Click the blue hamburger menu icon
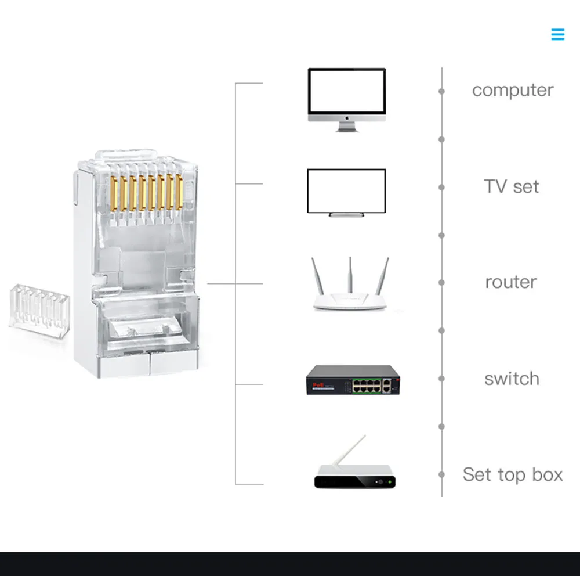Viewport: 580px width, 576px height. [x=557, y=35]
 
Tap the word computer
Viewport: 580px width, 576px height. [x=512, y=91]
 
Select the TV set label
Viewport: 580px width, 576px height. [x=511, y=187]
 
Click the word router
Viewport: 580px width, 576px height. [x=511, y=283]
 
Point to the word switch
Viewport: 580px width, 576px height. [x=512, y=379]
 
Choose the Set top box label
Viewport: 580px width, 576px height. [x=512, y=475]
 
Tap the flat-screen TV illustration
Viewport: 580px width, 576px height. [x=346, y=192]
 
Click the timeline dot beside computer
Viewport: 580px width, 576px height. [x=441, y=91]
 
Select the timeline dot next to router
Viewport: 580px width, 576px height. [x=441, y=283]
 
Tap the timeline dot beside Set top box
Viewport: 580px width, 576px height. [x=441, y=474]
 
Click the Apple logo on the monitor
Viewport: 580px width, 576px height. [x=347, y=118]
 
